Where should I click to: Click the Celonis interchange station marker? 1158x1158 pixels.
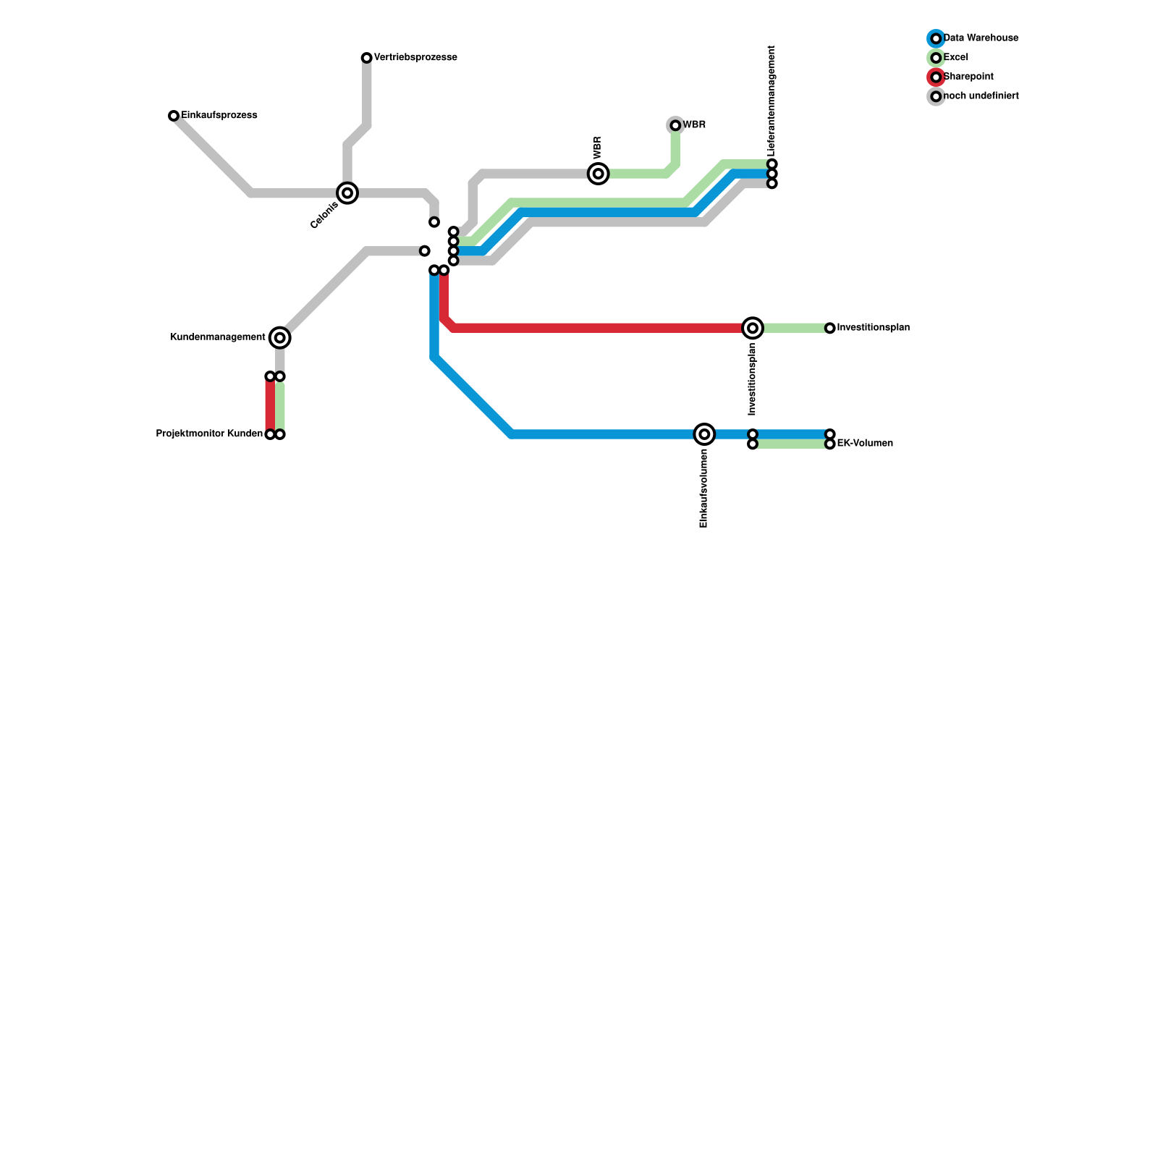coord(347,193)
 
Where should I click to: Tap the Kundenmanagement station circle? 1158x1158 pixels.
coord(280,337)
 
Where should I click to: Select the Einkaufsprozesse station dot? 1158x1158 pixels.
coord(174,116)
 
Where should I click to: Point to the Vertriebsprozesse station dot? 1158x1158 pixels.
coord(367,58)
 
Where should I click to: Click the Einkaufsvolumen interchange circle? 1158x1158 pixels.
coord(704,434)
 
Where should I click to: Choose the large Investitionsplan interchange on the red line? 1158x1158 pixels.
coord(753,328)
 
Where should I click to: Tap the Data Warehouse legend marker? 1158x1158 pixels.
coord(936,38)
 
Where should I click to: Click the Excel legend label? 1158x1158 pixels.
coord(955,58)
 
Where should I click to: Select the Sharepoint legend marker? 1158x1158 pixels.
coord(936,77)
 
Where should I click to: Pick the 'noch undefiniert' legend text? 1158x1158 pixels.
coord(981,96)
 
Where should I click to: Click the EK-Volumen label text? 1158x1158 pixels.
coord(865,444)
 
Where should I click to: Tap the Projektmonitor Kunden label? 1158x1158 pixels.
coord(209,434)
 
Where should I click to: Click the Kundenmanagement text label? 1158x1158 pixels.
coord(218,337)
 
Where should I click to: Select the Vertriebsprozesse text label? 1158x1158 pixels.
coord(415,58)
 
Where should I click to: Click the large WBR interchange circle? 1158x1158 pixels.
coord(599,174)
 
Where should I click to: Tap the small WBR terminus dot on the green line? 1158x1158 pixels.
coord(675,126)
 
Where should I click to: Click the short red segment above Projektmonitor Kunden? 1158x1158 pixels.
coord(270,405)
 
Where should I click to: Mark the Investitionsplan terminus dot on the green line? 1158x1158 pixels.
coord(830,329)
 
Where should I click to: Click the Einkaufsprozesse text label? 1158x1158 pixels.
coord(219,116)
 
